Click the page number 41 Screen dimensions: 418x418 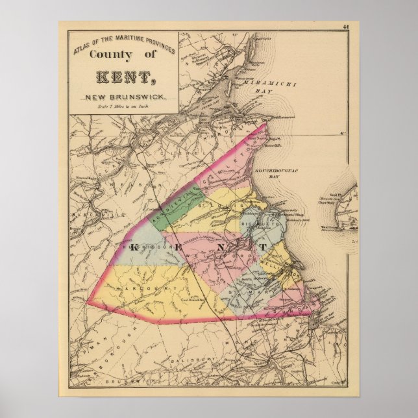347,27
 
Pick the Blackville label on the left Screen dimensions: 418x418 88,215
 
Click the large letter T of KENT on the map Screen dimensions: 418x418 263,249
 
